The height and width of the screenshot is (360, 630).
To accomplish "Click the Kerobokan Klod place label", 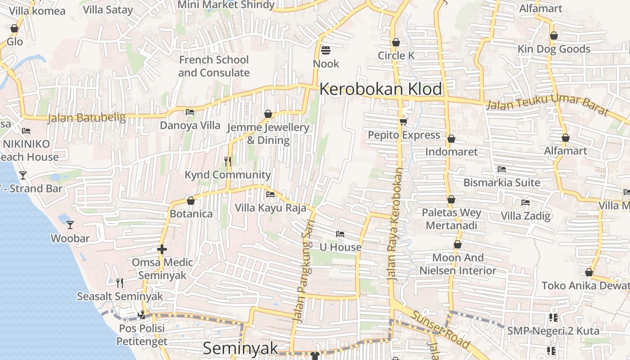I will tap(381, 89).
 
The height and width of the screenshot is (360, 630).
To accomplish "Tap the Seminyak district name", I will tap(240, 348).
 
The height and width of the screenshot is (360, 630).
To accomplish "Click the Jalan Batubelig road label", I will tap(86, 118).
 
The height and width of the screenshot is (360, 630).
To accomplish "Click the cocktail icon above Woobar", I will tap(70, 225).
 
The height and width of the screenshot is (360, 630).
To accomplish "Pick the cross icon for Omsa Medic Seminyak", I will tap(162, 249).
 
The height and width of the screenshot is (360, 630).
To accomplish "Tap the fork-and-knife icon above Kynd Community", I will tap(228, 161).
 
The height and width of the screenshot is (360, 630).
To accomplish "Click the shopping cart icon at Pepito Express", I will tap(403, 121).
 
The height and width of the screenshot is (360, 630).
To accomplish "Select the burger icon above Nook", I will tap(326, 50).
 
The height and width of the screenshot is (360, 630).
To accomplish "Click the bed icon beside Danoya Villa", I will tap(190, 112).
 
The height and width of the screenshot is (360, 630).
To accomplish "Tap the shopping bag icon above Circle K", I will tap(396, 42).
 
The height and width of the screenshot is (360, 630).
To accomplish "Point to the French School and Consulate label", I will tap(214, 66).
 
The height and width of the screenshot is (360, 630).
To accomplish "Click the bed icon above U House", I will tap(340, 234).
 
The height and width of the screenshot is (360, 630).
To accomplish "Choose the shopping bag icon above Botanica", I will tap(190, 201).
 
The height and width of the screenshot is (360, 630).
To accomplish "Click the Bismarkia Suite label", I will tap(502, 183).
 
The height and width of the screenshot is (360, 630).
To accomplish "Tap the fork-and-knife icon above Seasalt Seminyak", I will tap(120, 283).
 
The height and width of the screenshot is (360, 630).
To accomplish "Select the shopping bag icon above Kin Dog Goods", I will tap(554, 36).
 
